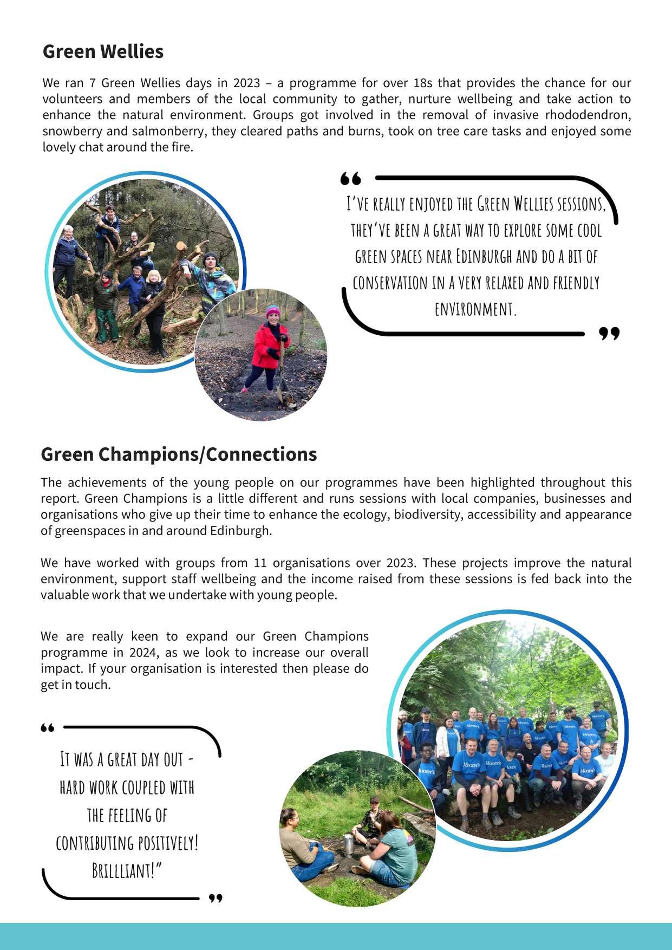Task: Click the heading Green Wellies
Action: point(103,51)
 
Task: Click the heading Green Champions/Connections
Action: point(179,454)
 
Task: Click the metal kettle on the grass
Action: point(348,845)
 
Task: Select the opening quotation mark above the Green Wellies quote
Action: point(350,178)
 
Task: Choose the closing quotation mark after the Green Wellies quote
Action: point(609,334)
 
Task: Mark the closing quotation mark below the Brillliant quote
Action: point(216,899)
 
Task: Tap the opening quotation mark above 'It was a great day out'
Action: point(48,728)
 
